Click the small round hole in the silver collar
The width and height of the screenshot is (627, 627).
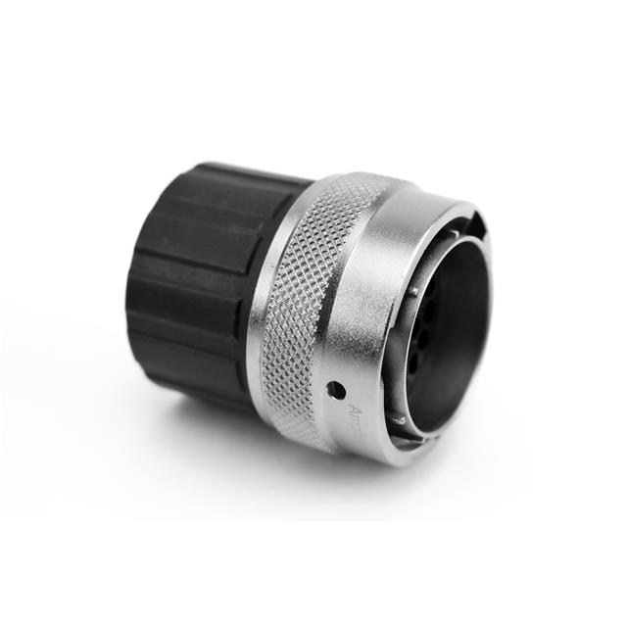point(336,389)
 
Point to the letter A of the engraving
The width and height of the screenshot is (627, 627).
point(355,405)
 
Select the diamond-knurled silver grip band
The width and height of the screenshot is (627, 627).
point(304,304)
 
